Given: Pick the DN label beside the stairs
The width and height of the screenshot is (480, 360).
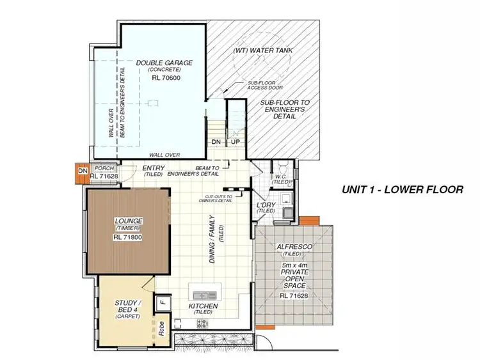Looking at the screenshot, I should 216,142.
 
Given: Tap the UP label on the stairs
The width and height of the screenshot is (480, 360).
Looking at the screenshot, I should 235,142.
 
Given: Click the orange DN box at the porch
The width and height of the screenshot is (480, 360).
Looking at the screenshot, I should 82,171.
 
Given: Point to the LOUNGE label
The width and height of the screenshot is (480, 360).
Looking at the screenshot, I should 129,221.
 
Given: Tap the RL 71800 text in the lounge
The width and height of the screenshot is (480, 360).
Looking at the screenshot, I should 128,237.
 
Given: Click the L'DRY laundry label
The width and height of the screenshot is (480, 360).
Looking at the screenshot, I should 265,205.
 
